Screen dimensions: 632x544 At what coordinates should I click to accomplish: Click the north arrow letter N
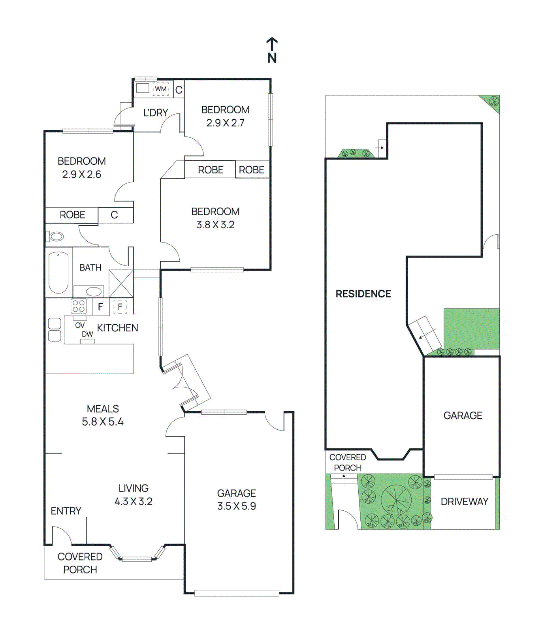pos(272,58)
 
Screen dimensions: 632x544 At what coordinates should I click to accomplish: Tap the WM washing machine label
pos(161,89)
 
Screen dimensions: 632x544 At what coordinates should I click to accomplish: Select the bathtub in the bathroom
pos(58,273)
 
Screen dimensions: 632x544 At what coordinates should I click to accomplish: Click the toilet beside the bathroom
pos(56,237)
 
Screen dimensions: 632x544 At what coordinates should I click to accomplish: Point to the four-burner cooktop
pos(79,306)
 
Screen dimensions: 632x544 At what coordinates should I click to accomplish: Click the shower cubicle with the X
pos(121,283)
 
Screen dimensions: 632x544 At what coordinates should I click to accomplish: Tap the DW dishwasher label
pos(87,334)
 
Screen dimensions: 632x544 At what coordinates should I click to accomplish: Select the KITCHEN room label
pos(117,328)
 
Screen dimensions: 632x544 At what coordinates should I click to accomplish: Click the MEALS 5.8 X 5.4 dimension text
pos(103,422)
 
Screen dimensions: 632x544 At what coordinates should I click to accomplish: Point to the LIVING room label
pos(134,488)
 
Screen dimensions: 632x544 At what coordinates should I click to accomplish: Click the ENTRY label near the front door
pos(66,511)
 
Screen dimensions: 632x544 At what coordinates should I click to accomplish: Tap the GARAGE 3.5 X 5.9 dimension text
pos(237,506)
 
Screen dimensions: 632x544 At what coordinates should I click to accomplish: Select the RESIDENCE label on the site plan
pos(363,294)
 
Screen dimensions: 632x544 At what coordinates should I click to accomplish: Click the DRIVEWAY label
pos(465,502)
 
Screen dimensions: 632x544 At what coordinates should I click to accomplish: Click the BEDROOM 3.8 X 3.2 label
pos(215,218)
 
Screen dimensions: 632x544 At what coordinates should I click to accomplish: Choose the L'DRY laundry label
pos(156,113)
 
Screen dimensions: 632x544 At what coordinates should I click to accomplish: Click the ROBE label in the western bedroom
pos(72,215)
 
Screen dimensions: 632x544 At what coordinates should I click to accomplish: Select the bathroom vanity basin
pos(94,292)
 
